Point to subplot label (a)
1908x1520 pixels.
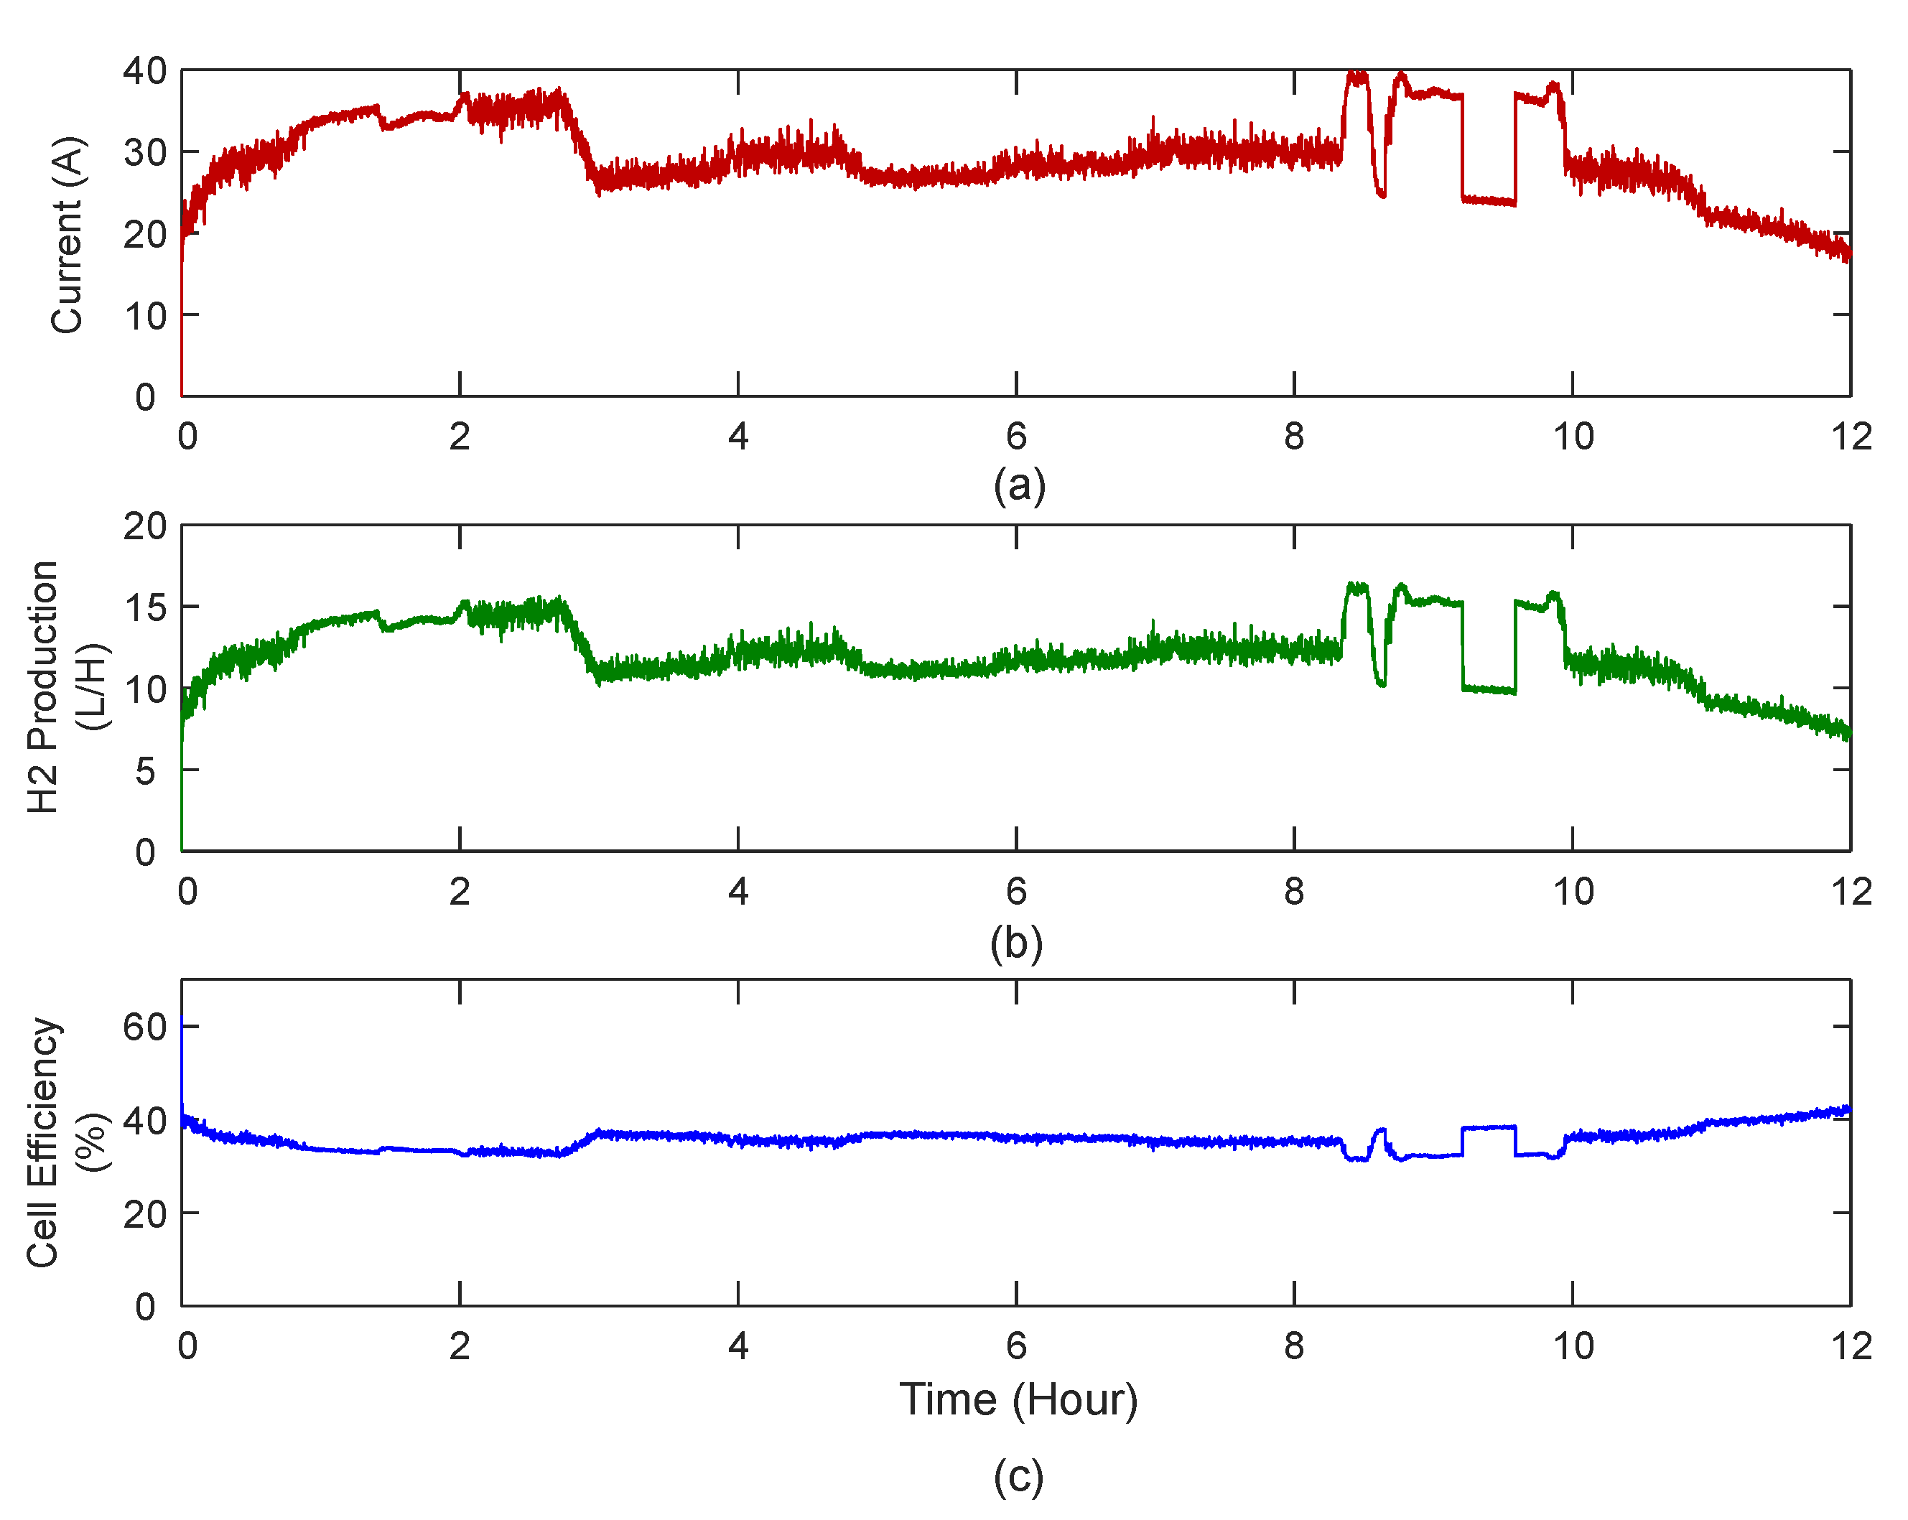pyautogui.click(x=1018, y=486)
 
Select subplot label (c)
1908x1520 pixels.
pyautogui.click(x=1018, y=1477)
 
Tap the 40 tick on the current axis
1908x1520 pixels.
pyautogui.click(x=144, y=71)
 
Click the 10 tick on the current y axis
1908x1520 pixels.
pyautogui.click(x=144, y=316)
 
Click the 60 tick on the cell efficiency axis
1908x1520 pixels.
pyautogui.click(x=144, y=1027)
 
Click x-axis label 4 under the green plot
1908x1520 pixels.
pyautogui.click(x=738, y=892)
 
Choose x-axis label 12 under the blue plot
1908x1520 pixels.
pyautogui.click(x=1851, y=1346)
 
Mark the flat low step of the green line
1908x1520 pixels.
pyautogui.click(x=1489, y=689)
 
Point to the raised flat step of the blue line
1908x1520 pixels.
pyautogui.click(x=1489, y=1127)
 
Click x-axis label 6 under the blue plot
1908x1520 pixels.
pyautogui.click(x=1016, y=1346)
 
